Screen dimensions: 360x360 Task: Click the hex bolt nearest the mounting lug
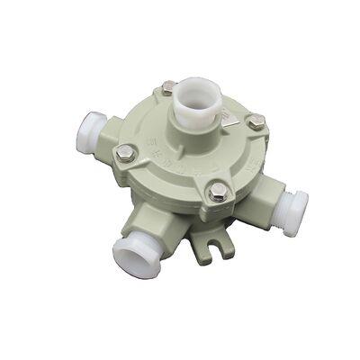(217, 191)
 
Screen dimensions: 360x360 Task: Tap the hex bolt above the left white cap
(125, 155)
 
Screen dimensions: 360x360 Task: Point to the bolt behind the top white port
(168, 86)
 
